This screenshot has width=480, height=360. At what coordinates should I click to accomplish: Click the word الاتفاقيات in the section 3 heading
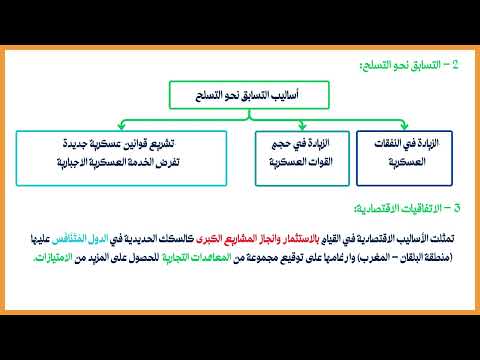click(x=417, y=208)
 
